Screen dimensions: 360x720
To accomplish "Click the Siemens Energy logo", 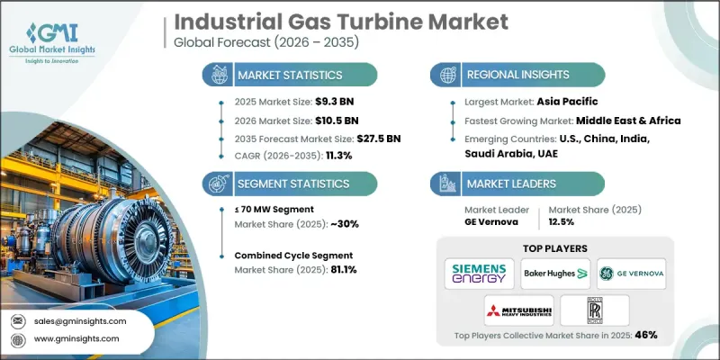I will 479,273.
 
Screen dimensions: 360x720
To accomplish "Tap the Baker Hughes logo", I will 554,273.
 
